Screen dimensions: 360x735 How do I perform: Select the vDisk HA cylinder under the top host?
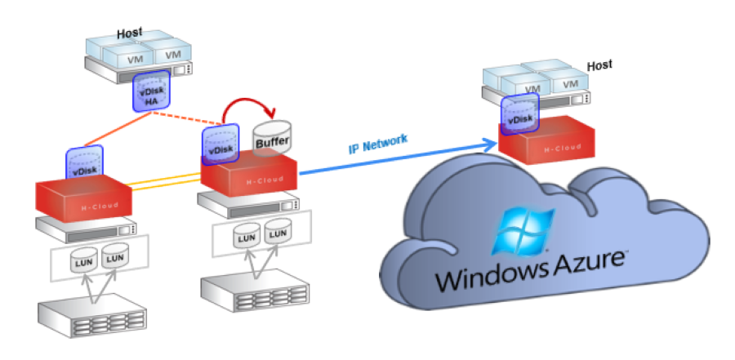coord(150,93)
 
